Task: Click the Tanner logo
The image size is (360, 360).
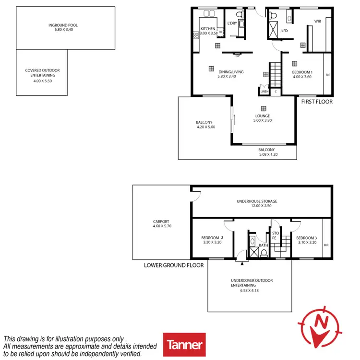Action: tap(184, 344)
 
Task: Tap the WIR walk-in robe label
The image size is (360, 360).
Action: tap(317, 22)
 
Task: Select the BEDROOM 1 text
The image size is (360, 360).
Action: tap(302, 72)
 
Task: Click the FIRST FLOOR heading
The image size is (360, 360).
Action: tap(317, 102)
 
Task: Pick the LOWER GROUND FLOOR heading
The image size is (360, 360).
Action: tap(174, 265)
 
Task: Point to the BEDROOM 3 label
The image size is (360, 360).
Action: tap(306, 238)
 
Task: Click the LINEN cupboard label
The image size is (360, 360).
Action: tap(264, 91)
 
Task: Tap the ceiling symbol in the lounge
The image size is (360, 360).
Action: tap(263, 108)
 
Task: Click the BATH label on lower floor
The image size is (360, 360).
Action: tap(263, 245)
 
